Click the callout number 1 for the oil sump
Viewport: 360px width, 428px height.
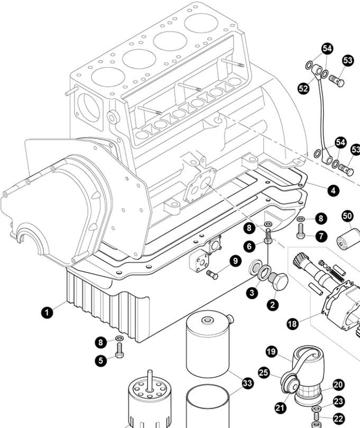point(48,313)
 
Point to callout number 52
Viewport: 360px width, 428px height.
point(303,89)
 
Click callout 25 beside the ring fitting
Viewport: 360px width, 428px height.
point(265,373)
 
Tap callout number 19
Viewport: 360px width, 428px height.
point(271,351)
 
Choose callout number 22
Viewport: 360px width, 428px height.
point(338,417)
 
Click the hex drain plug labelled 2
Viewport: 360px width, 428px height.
point(279,281)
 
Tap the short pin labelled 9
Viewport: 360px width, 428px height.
point(213,275)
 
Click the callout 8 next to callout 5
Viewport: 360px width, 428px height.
point(100,342)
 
